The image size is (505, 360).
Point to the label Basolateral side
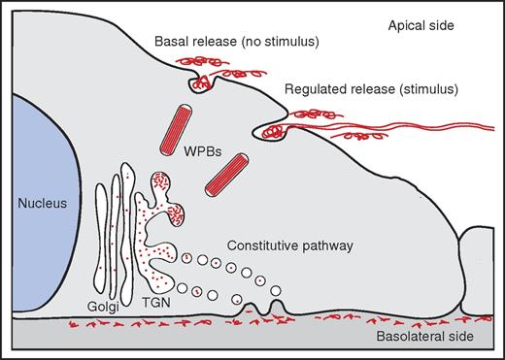point(433,337)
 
